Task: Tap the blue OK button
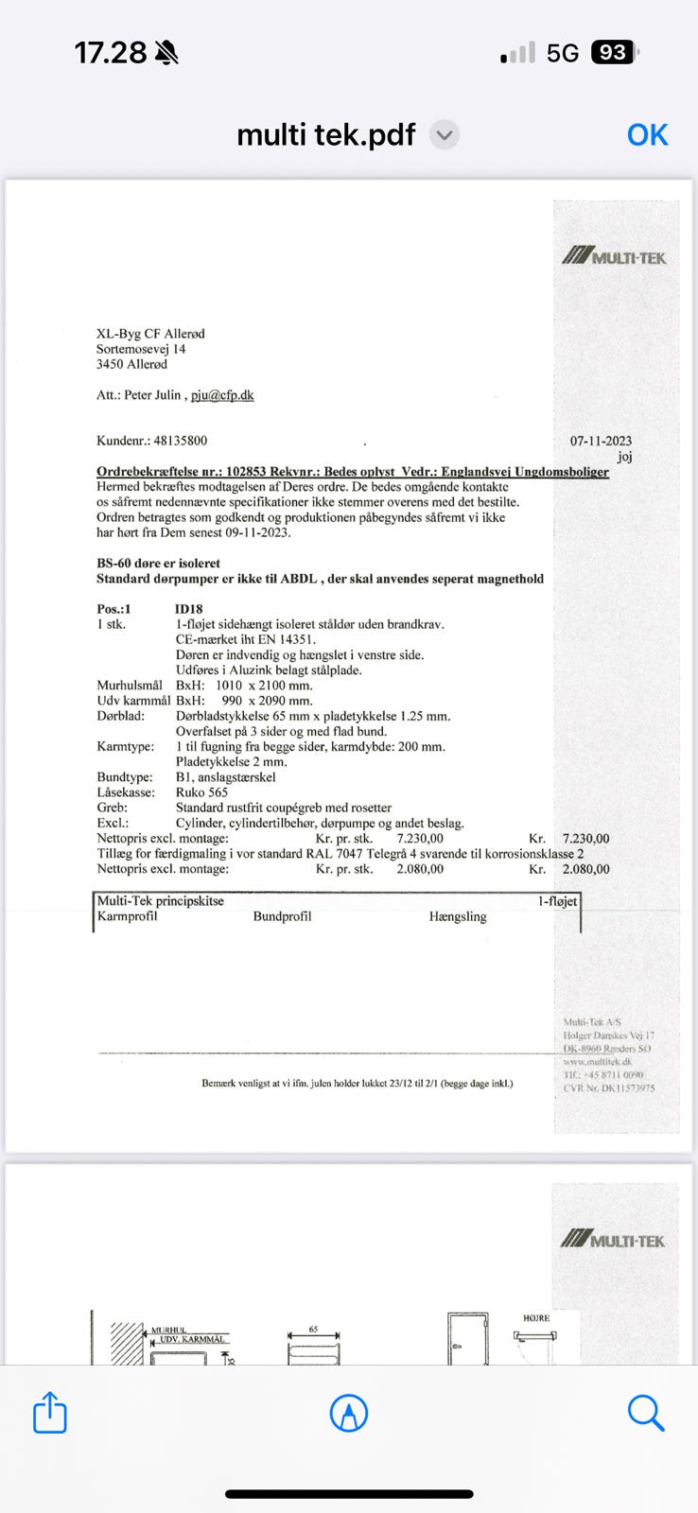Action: click(x=647, y=135)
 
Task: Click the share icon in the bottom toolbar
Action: click(x=49, y=1413)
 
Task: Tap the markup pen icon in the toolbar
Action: click(x=349, y=1414)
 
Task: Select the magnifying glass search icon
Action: click(x=646, y=1413)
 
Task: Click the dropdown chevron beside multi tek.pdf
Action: click(x=445, y=135)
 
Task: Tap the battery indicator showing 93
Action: click(x=613, y=53)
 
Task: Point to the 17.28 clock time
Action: click(x=111, y=53)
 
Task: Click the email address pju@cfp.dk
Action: click(x=222, y=395)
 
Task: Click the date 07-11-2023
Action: click(x=601, y=441)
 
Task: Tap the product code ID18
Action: click(x=189, y=609)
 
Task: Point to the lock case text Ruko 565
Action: click(x=201, y=792)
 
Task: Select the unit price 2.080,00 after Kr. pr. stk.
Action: click(x=420, y=869)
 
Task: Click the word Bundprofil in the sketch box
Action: click(x=282, y=916)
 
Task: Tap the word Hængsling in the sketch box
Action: click(x=458, y=916)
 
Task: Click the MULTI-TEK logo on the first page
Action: click(x=614, y=256)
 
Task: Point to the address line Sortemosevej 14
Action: click(x=141, y=349)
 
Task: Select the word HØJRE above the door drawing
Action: click(x=536, y=1318)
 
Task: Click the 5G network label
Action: click(x=563, y=53)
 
